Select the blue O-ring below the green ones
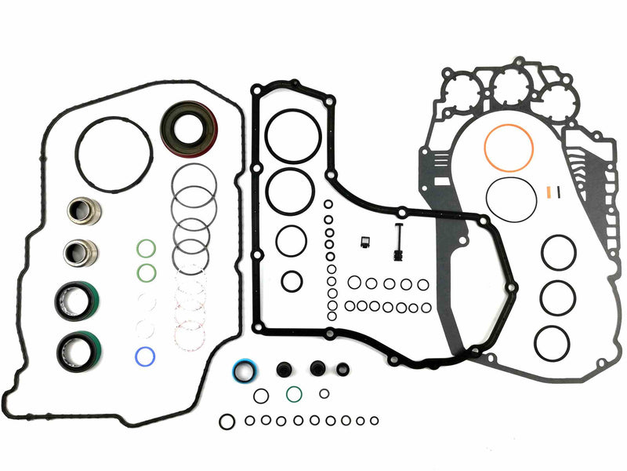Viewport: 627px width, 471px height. point(144,356)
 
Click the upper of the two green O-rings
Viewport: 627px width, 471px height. point(145,249)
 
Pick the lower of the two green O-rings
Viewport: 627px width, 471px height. point(145,272)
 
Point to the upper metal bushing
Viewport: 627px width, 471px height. point(81,210)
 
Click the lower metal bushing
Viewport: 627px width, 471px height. point(80,252)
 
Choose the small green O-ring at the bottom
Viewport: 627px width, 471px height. point(295,392)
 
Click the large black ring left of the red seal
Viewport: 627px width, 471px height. point(114,154)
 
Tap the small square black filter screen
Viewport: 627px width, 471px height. point(363,243)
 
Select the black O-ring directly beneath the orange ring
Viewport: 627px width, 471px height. point(511,199)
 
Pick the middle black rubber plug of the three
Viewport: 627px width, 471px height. point(318,368)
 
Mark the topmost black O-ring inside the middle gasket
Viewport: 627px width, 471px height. point(292,135)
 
